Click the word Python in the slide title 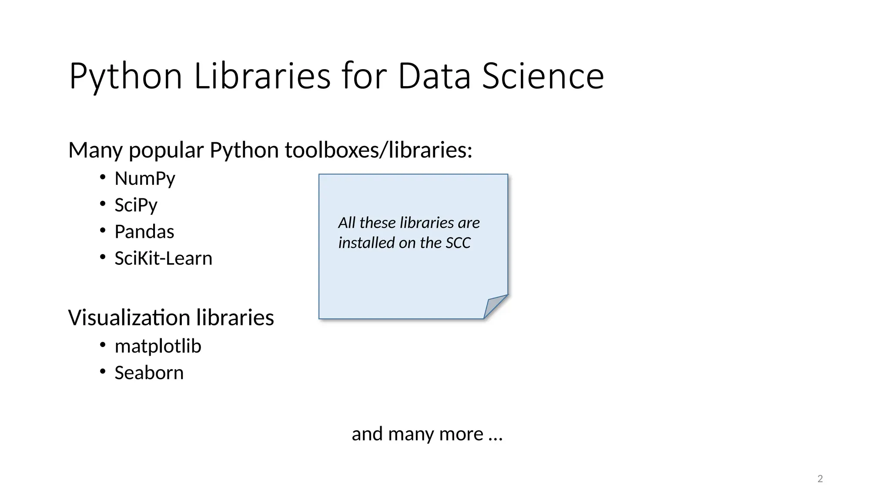(125, 77)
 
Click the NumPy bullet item (145, 179)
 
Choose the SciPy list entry (136, 205)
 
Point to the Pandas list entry (144, 232)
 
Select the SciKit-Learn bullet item (163, 258)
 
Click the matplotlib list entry (157, 346)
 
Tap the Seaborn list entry (149, 373)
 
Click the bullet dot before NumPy (103, 177)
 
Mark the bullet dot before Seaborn (103, 371)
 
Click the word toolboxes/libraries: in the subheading (379, 150)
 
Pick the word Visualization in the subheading (129, 317)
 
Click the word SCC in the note (458, 243)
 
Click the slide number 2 (820, 479)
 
